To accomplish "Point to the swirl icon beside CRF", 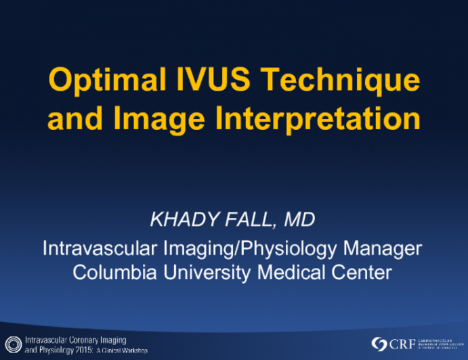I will pyautogui.click(x=380, y=344).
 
